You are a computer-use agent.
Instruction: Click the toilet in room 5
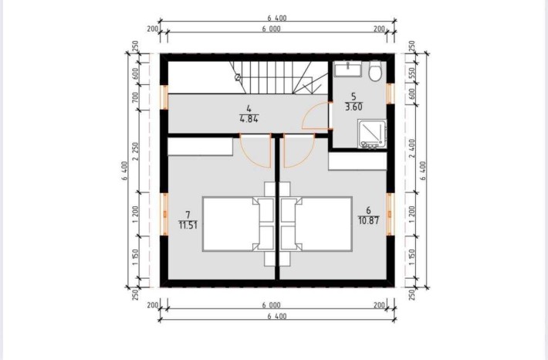tap(374, 72)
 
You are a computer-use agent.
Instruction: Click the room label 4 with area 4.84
tap(249, 114)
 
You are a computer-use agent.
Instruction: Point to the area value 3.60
tap(353, 107)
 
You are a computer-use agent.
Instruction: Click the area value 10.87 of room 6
tap(367, 221)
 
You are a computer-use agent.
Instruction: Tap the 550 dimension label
tap(412, 74)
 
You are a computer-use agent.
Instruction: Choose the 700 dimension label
tap(136, 98)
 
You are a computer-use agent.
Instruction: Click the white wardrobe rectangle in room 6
tap(357, 161)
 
